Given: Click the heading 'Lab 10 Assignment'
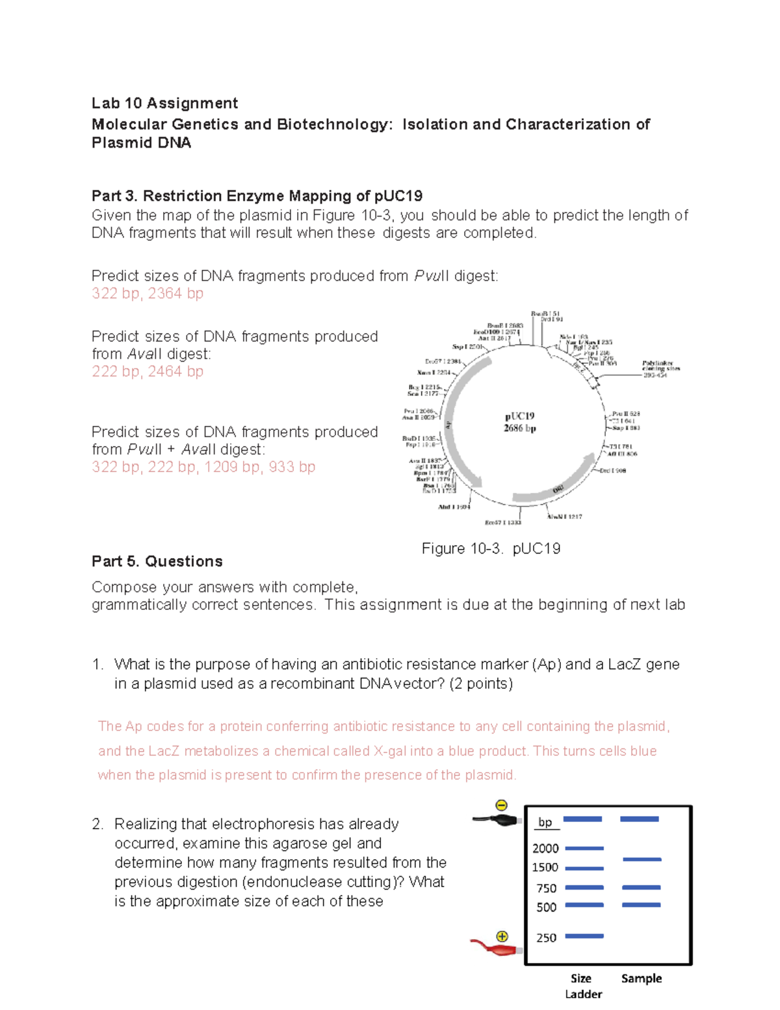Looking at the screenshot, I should coord(164,103).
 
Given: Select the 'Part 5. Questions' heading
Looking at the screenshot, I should coord(157,561).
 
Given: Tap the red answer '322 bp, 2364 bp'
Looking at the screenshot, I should coord(148,293).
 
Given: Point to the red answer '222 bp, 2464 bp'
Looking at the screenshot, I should coord(148,371).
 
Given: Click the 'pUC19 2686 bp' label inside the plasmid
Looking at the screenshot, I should coord(519,422).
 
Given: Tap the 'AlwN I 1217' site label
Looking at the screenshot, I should coord(564,516).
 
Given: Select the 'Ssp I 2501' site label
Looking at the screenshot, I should coord(467,347).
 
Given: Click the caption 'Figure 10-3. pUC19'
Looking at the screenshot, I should coord(491,548).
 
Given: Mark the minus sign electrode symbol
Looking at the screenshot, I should coord(501,805).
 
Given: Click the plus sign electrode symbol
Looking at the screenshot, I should coord(502,937).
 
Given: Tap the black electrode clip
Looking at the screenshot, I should coord(498,820).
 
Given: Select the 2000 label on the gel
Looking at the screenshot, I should coord(545,848).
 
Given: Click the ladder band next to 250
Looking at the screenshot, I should coord(584,936).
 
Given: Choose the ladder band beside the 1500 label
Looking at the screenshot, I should coord(584,868).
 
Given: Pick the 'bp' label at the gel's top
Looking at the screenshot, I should coord(545,822).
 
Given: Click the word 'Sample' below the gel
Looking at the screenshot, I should coord(641,978).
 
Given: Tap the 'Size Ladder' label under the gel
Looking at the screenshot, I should coord(582,986).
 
